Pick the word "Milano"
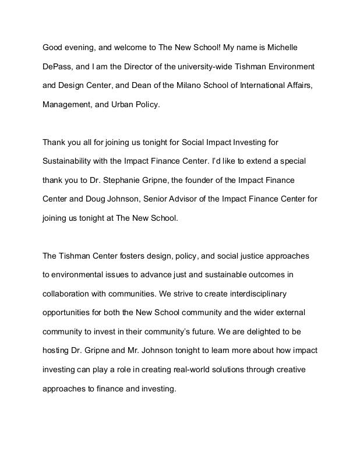click(x=180, y=85)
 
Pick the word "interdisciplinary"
click(x=257, y=293)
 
